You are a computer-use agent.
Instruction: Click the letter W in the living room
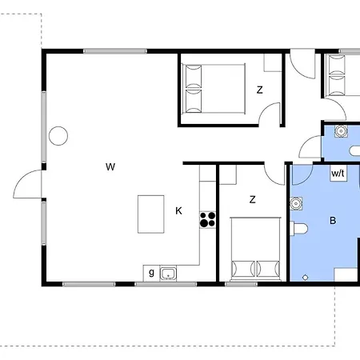(x=110, y=166)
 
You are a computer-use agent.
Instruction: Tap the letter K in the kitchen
(x=178, y=211)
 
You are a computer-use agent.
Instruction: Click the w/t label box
(x=337, y=172)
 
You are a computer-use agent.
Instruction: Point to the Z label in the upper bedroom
(x=259, y=90)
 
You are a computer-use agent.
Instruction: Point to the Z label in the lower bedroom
(x=252, y=199)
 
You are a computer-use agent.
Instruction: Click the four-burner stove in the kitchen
(x=208, y=219)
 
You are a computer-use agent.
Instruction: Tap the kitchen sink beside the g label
(x=168, y=274)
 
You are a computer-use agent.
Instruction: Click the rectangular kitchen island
(x=150, y=214)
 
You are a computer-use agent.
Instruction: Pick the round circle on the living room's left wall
(x=58, y=136)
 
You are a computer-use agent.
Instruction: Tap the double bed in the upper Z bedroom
(x=213, y=90)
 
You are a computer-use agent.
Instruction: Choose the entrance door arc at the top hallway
(x=302, y=66)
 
